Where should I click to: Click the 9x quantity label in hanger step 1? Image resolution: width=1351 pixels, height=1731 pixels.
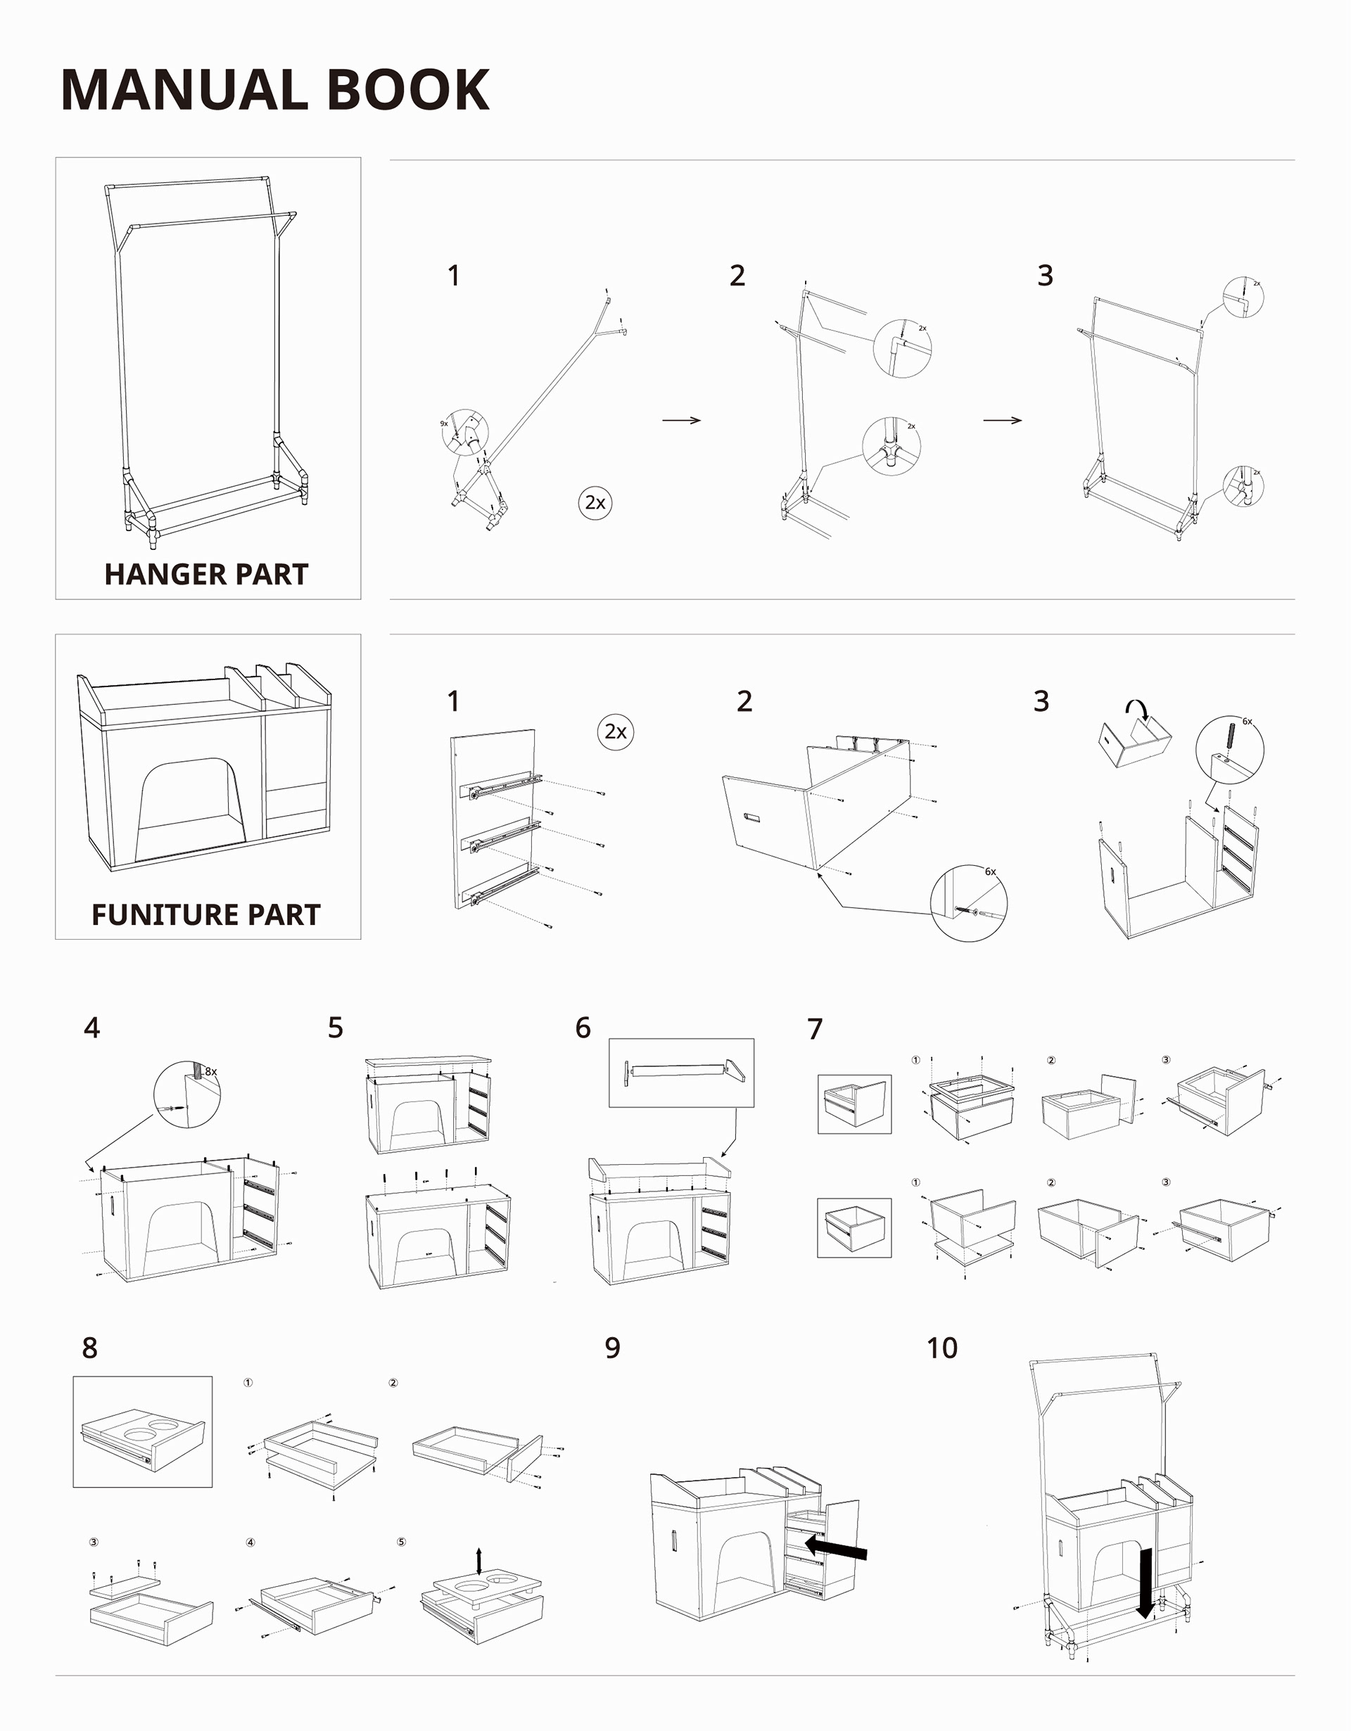pos(444,424)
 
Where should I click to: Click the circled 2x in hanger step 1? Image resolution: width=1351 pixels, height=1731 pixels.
pos(595,502)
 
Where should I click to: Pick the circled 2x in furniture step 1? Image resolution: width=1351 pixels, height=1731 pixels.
pos(615,731)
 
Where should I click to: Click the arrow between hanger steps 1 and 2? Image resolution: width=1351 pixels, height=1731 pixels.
pos(681,420)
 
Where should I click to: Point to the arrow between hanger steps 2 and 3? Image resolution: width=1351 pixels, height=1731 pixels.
pos(1002,420)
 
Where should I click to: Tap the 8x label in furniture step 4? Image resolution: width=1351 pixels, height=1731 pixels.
pos(211,1071)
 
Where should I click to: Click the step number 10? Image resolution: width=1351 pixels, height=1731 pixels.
pos(942,1348)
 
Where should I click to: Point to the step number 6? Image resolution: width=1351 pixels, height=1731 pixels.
pos(583,1028)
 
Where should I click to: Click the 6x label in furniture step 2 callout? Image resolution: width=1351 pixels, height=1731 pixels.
pos(990,872)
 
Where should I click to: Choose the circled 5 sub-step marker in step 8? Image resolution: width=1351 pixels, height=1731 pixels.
pos(401,1542)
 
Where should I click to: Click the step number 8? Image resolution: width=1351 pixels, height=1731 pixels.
pos(89,1348)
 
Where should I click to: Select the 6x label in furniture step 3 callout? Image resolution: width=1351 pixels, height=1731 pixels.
pos(1247,721)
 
